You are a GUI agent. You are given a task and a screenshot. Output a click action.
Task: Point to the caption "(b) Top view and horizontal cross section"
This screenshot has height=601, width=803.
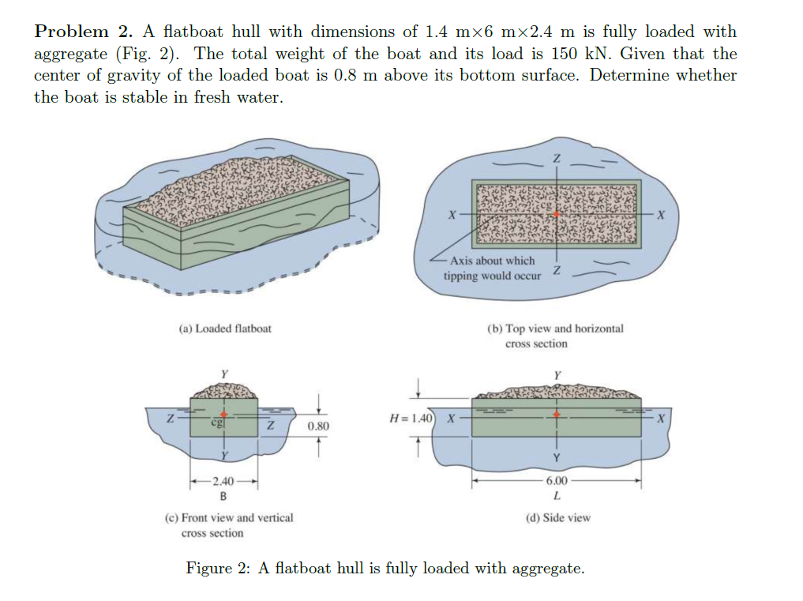(x=555, y=336)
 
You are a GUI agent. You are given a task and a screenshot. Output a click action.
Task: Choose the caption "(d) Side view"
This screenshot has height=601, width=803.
(x=557, y=517)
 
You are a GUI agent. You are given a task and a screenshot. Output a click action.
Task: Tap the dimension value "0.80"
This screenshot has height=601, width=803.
(x=318, y=426)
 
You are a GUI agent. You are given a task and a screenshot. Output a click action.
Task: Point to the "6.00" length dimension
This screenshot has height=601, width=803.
(x=557, y=481)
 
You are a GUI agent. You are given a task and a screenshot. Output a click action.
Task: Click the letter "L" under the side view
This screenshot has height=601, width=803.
(x=557, y=497)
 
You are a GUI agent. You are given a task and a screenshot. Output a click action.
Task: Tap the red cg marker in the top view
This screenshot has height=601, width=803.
(x=557, y=214)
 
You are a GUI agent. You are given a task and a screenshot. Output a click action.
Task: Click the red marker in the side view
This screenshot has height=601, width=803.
(x=557, y=414)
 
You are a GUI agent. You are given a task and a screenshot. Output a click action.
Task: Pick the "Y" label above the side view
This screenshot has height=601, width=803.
(x=557, y=374)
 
